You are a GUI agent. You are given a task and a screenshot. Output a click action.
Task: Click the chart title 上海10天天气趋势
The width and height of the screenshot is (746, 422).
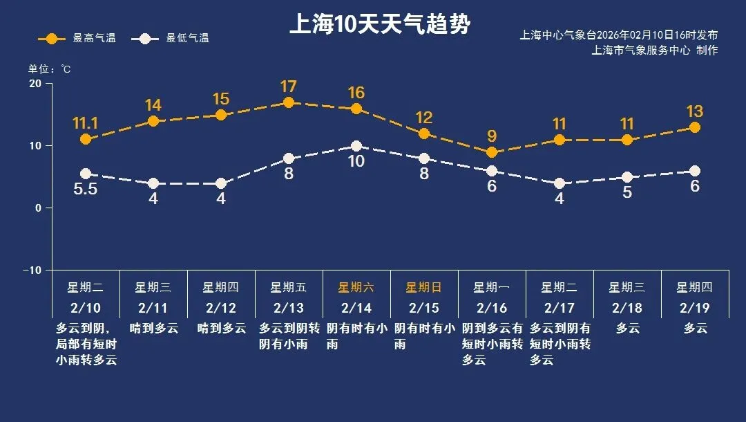pos(379,25)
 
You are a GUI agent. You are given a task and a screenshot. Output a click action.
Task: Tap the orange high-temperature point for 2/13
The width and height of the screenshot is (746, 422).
pos(289,102)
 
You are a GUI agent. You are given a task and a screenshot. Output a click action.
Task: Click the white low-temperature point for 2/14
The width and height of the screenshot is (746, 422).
pos(356,146)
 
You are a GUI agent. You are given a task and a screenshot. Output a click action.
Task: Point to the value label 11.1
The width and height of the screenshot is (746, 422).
pos(86,124)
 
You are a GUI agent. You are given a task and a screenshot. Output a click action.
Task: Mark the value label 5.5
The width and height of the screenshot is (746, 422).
pos(86,189)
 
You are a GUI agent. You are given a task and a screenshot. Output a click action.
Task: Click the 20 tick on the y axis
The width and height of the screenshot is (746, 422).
pos(35,84)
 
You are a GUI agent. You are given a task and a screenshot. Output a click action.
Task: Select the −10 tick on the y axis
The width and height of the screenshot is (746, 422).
pos(32,270)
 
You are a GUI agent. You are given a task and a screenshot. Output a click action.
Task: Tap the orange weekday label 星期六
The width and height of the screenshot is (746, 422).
pos(356,288)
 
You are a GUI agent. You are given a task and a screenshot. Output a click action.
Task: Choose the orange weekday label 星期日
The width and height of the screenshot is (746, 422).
pos(424,288)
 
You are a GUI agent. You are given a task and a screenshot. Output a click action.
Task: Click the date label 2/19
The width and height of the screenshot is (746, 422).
pos(695,308)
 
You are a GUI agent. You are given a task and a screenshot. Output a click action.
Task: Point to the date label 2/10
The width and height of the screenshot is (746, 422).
pos(86,308)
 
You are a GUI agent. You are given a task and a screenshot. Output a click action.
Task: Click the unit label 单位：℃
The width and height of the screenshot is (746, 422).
pos(49,69)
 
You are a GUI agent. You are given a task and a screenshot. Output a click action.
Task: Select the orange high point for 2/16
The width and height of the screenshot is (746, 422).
pos(492,152)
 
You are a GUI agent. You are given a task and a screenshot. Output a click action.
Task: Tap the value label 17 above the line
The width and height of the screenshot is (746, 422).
pos(289,87)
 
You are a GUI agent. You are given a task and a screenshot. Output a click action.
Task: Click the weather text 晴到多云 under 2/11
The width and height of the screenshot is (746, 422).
pos(153,328)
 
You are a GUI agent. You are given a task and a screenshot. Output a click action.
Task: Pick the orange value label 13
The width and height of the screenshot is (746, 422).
pos(695,111)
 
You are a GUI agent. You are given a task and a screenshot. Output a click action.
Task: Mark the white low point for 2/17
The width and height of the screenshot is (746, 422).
pos(559,183)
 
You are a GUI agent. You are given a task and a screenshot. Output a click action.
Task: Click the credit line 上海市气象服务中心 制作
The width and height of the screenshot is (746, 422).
pos(655,51)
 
